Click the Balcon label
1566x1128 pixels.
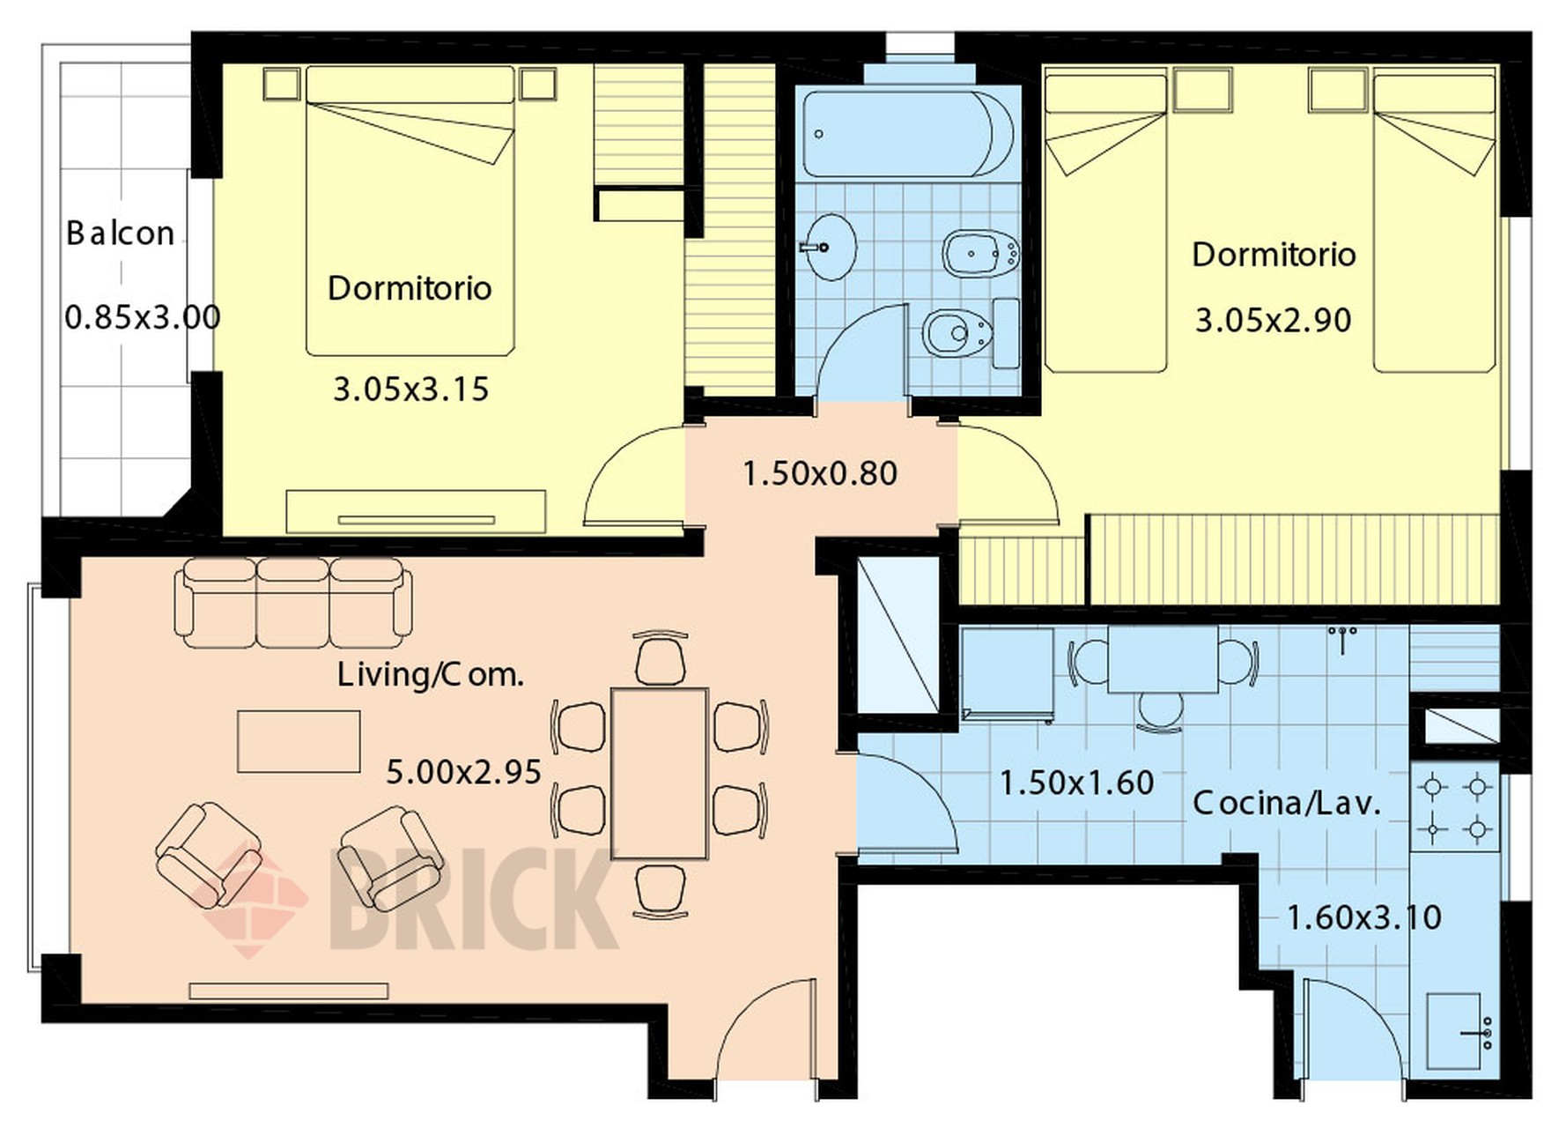(x=121, y=234)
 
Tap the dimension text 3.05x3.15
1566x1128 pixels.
(x=410, y=390)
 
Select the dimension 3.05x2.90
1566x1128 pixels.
(x=1273, y=320)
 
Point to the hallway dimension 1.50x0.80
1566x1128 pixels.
(x=820, y=474)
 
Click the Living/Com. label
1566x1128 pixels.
(x=431, y=675)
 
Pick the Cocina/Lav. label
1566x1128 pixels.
(x=1287, y=803)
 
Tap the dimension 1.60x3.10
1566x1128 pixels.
(x=1363, y=918)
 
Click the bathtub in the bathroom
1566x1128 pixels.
(x=908, y=135)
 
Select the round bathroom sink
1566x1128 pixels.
(x=828, y=247)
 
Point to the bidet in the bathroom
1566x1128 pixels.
(x=981, y=254)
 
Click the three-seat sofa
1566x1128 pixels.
(x=293, y=603)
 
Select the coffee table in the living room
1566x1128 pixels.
(x=299, y=741)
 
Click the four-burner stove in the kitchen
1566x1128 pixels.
(x=1455, y=807)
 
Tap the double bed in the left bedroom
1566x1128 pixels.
(x=410, y=211)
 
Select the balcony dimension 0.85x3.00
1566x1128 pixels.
(x=143, y=317)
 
